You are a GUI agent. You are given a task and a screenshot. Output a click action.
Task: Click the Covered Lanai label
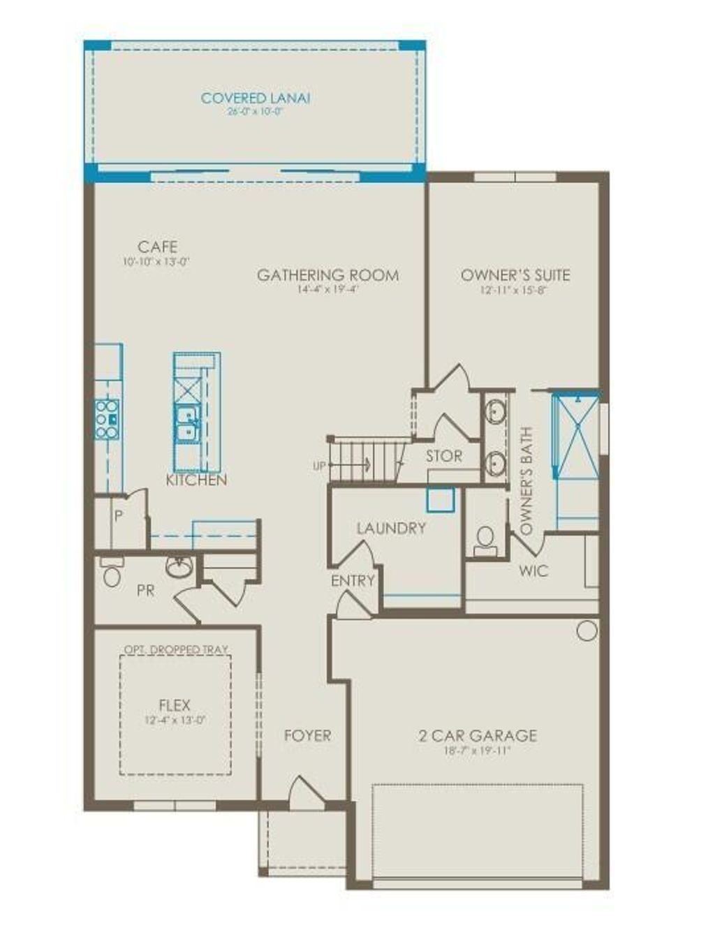click(255, 98)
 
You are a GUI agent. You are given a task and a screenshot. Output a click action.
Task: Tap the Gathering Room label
click(327, 275)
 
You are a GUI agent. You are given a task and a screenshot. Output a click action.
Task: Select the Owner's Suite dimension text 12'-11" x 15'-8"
click(515, 289)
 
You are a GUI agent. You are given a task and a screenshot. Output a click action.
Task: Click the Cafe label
click(157, 246)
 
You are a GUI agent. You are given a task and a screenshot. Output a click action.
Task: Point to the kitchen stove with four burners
click(107, 419)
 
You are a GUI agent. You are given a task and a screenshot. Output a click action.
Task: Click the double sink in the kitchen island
click(186, 424)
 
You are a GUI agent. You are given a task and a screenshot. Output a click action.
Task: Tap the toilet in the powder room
click(112, 574)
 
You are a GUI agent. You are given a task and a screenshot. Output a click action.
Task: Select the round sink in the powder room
click(180, 566)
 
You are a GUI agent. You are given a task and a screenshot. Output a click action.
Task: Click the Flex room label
click(175, 705)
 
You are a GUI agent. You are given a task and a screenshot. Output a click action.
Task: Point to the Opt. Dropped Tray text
click(176, 650)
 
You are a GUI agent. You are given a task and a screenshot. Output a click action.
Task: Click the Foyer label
click(307, 735)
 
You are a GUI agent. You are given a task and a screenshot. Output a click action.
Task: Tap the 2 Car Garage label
click(478, 735)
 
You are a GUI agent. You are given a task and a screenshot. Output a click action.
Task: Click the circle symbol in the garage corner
click(587, 631)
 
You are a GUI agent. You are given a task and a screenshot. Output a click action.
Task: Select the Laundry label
click(391, 529)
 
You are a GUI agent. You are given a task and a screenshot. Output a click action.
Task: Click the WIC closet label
click(533, 571)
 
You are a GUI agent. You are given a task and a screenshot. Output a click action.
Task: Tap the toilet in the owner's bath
click(485, 539)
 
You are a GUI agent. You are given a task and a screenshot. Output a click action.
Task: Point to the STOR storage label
click(444, 457)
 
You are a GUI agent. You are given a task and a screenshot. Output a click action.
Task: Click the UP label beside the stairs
click(319, 465)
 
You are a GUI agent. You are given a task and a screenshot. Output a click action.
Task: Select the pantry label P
click(119, 517)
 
